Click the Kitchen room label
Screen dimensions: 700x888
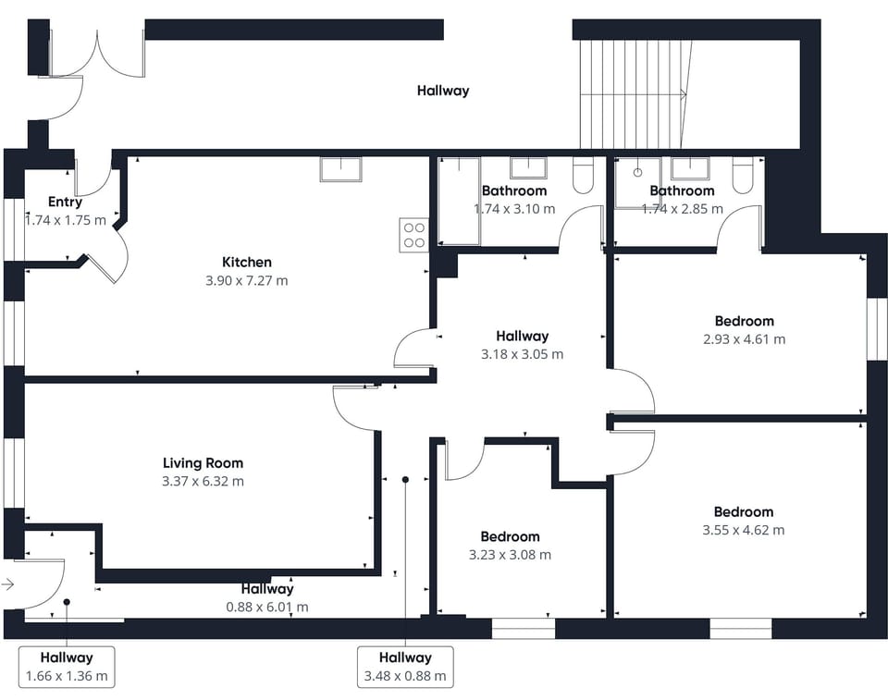246,262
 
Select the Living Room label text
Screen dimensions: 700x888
203,462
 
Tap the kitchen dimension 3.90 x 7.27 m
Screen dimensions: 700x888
246,280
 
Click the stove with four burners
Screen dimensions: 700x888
413,234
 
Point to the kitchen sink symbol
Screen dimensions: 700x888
340,169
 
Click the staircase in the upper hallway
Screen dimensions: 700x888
634,93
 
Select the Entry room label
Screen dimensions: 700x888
65,202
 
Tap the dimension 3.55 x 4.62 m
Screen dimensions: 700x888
743,530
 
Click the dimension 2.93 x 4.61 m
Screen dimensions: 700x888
744,339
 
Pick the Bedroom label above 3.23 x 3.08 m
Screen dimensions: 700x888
510,536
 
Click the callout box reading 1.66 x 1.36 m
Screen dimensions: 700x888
67,667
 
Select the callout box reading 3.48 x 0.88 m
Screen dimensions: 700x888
405,667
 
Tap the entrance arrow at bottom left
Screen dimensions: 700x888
8,584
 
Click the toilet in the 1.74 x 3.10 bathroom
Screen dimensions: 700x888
583,176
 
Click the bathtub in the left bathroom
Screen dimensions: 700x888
459,202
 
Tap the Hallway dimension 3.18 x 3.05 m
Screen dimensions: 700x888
522,354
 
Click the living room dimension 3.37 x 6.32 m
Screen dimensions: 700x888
203,481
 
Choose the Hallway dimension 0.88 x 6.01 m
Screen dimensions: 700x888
267,608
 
